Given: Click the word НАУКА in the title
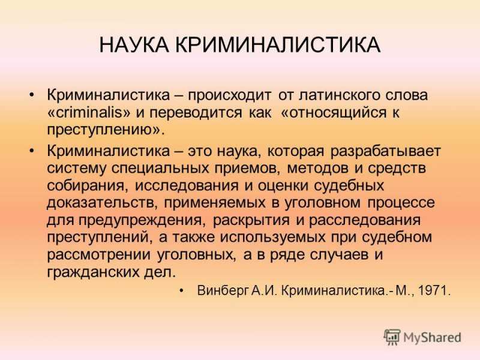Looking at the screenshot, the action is (134, 45).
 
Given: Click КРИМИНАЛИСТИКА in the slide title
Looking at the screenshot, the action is (278, 45).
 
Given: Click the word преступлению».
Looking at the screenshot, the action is (106, 130).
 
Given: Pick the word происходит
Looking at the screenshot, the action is (230, 96).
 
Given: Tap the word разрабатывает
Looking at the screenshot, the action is (385, 152).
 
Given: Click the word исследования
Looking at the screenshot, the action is (187, 186).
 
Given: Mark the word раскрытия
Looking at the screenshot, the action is (251, 221).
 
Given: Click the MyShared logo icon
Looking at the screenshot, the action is (392, 337).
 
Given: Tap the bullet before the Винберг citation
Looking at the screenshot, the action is (182, 291).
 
